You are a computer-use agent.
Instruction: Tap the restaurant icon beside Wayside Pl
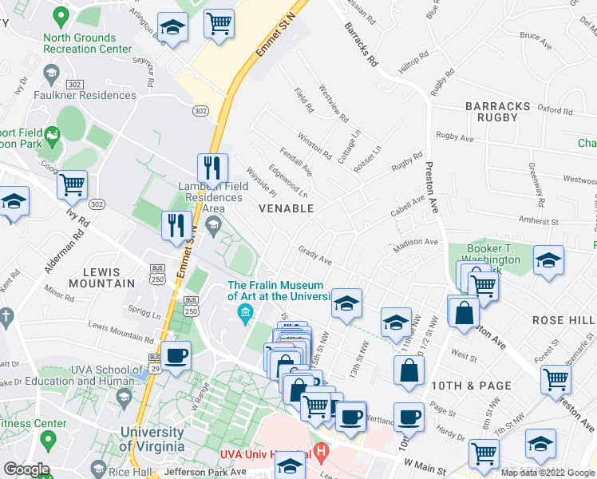coord(212,168)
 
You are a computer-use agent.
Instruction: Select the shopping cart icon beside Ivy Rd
coord(72,185)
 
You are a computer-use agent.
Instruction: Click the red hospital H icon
coord(321,452)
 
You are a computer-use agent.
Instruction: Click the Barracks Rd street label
coord(361,48)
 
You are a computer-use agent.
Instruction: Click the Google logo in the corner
coord(26,469)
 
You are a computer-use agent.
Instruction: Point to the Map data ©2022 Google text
coord(547,473)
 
